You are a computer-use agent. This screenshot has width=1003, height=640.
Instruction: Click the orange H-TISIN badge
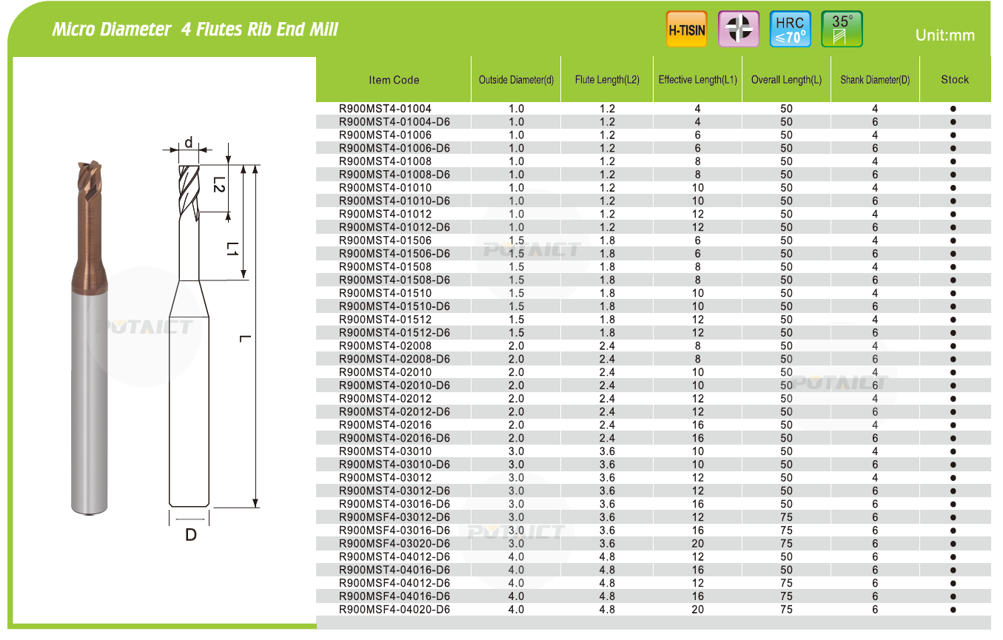pos(686,29)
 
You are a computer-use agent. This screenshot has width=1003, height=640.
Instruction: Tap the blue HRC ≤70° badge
pos(790,29)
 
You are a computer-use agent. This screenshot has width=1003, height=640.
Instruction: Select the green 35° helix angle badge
pos(842,29)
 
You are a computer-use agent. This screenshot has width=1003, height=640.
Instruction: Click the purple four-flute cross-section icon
pos(738,29)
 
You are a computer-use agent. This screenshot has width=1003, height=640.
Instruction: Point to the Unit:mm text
pos(945,36)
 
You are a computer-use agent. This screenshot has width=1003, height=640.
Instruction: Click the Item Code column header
pos(394,80)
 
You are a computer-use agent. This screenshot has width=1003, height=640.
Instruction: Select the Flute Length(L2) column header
pos(607,80)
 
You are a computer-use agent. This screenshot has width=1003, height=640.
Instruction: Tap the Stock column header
pos(955,80)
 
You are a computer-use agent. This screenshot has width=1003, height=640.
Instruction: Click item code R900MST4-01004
pos(385,109)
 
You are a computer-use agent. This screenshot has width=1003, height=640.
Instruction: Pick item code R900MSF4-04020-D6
pos(395,610)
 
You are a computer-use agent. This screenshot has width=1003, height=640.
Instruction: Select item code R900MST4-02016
pos(385,425)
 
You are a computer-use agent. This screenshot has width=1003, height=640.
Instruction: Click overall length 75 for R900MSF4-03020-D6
pos(786,544)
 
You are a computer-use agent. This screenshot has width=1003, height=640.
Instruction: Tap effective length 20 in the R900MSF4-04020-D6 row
pos(697,610)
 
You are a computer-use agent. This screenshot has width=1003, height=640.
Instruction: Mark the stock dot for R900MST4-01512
pos(953,320)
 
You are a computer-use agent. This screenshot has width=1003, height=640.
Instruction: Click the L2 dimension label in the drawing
pos(218,184)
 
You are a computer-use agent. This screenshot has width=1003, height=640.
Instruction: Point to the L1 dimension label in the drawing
pos(232,249)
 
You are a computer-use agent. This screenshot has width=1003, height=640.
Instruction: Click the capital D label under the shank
pos(191,535)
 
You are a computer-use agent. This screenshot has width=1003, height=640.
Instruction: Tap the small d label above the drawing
pos(189,143)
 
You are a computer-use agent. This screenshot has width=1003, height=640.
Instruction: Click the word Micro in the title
pos(73,30)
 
